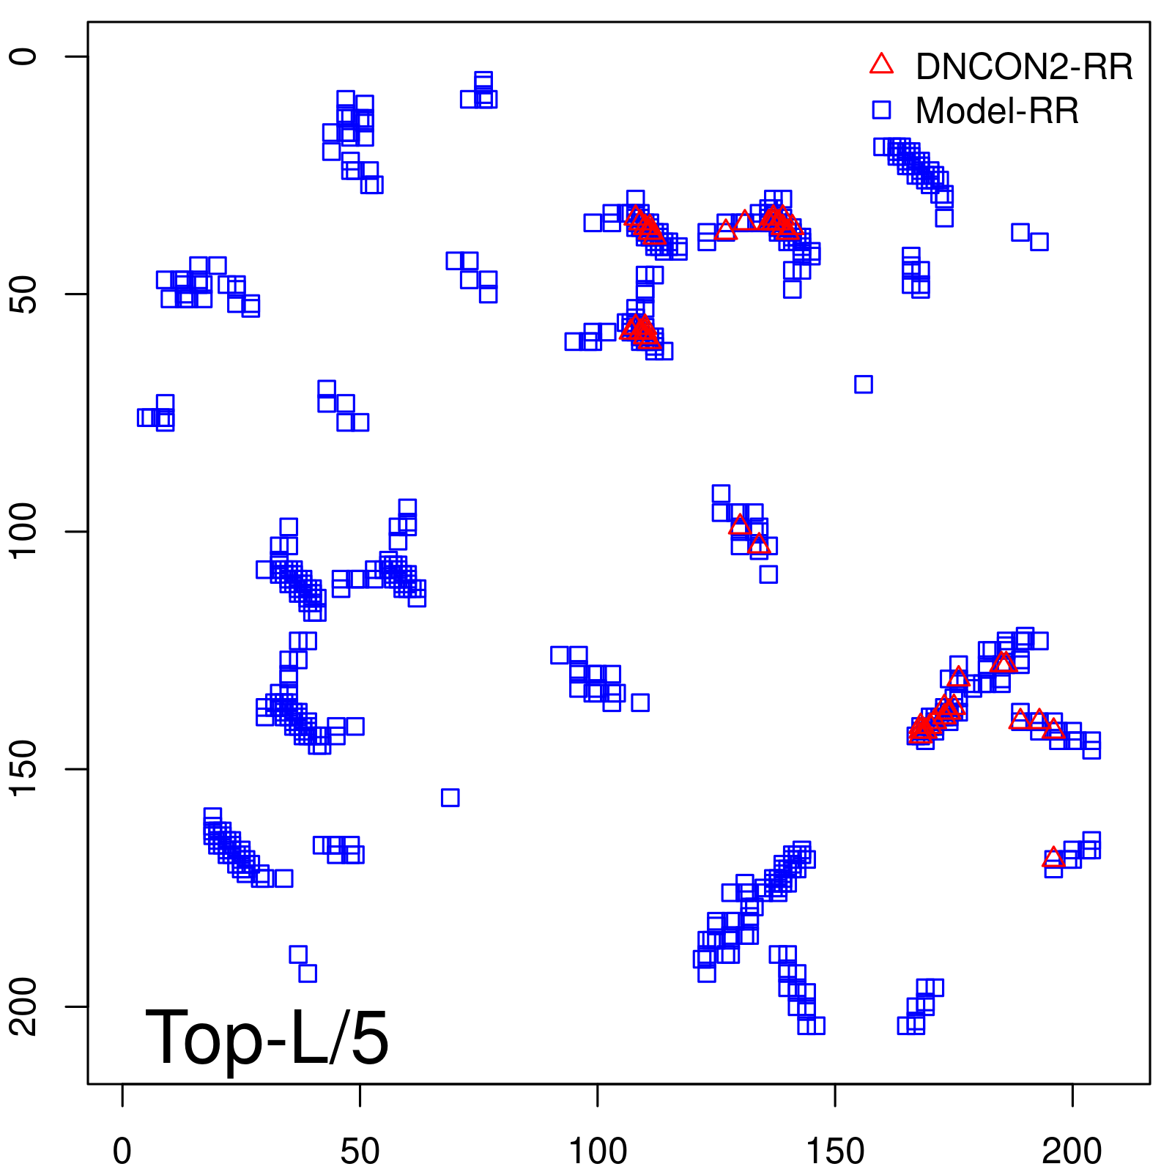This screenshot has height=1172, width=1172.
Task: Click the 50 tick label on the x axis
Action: pyautogui.click(x=360, y=1151)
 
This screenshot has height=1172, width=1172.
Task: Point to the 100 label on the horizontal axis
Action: pyautogui.click(x=598, y=1151)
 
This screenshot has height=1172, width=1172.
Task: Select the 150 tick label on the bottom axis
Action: pyautogui.click(x=835, y=1151)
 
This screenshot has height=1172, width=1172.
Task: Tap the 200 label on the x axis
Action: pyautogui.click(x=1072, y=1151)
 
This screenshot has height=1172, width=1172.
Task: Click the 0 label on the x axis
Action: pyautogui.click(x=122, y=1151)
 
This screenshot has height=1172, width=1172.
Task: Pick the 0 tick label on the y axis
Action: pyautogui.click(x=23, y=56)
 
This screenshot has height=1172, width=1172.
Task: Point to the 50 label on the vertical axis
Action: pyautogui.click(x=23, y=294)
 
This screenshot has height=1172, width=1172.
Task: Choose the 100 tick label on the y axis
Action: pyautogui.click(x=23, y=531)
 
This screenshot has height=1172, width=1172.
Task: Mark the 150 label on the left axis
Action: pyautogui.click(x=23, y=768)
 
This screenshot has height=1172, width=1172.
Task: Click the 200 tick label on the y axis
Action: pyautogui.click(x=23, y=1006)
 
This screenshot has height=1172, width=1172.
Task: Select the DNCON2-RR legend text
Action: pyautogui.click(x=1024, y=67)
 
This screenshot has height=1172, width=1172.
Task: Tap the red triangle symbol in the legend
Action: pyautogui.click(x=881, y=64)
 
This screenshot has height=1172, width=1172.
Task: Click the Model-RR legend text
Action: pyautogui.click(x=997, y=111)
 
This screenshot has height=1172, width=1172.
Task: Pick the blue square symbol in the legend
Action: pyautogui.click(x=881, y=110)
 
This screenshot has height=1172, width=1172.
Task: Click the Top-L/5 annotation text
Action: pyautogui.click(x=267, y=1037)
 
